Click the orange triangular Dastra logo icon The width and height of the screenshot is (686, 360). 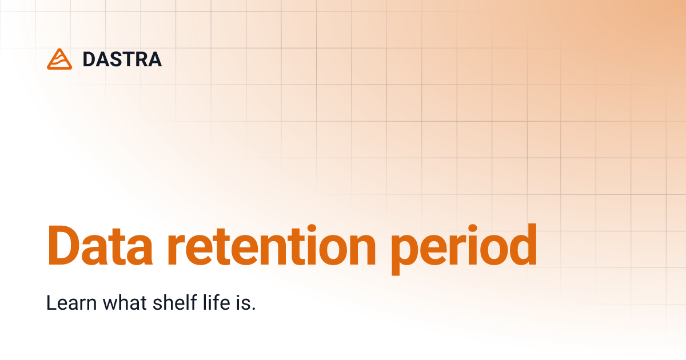click(x=59, y=59)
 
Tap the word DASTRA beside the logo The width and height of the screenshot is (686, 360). click(x=122, y=59)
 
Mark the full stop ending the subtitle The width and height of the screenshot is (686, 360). click(x=253, y=309)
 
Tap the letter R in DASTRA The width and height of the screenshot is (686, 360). click(x=138, y=59)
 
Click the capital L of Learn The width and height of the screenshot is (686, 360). click(x=50, y=303)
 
